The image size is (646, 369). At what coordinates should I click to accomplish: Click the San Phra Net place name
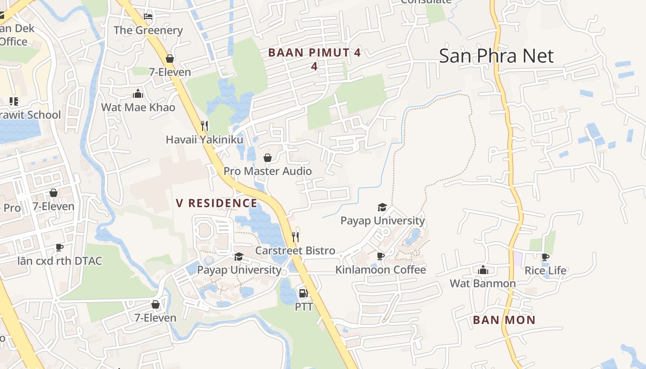[496, 56]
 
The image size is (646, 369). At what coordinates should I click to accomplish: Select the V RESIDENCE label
[216, 203]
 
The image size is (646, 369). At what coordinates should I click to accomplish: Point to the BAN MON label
[504, 320]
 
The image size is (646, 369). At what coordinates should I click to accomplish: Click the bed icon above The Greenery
[148, 17]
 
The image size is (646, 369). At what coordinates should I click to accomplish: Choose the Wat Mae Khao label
[138, 107]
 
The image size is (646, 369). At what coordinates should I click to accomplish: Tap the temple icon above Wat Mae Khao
[138, 94]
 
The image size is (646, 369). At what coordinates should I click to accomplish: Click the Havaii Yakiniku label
[204, 139]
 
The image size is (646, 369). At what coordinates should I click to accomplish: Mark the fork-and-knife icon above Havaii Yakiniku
[204, 125]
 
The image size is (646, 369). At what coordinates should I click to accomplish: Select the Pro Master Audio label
[268, 171]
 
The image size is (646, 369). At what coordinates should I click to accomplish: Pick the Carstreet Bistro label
[295, 250]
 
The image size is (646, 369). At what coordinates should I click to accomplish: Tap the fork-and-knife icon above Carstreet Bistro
[295, 237]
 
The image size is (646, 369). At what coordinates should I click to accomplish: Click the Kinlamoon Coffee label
[380, 270]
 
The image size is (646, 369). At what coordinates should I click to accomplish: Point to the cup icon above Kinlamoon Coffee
[380, 256]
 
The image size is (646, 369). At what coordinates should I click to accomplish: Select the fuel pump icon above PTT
[303, 293]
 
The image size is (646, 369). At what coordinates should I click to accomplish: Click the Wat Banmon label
[483, 283]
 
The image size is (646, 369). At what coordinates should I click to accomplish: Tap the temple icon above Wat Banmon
[483, 270]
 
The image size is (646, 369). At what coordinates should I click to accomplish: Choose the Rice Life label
[545, 270]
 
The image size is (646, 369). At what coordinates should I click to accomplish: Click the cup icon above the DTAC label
[60, 248]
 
